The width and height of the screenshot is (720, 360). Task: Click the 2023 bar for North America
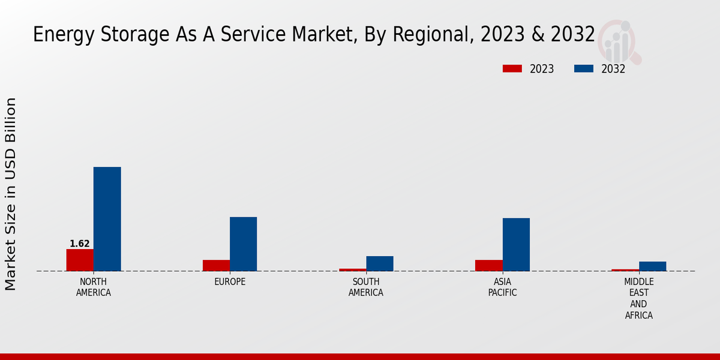(80, 260)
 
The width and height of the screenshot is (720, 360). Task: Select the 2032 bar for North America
(107, 219)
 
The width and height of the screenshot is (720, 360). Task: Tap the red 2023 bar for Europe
(216, 265)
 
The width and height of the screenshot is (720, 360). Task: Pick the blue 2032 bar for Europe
(243, 244)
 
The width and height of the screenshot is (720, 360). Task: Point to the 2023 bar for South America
(352, 269)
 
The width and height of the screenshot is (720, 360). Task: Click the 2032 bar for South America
(380, 263)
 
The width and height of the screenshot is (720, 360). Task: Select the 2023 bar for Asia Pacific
(488, 265)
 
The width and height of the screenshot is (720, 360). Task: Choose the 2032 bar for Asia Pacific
(516, 244)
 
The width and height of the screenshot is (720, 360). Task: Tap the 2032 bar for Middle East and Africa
(652, 266)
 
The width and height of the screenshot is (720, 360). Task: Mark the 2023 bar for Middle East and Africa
(625, 270)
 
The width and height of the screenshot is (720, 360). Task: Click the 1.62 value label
(80, 244)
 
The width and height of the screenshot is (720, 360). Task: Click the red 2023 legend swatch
(512, 69)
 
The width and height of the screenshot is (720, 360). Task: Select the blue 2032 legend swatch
(583, 69)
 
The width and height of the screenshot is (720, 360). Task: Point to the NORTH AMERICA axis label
(94, 287)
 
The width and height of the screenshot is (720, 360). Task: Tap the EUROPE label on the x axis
(230, 282)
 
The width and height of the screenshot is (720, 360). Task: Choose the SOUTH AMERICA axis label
(366, 287)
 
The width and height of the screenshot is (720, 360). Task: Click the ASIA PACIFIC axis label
(502, 287)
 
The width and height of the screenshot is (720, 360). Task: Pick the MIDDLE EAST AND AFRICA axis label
(638, 299)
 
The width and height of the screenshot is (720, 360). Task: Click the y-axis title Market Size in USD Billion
(11, 194)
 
